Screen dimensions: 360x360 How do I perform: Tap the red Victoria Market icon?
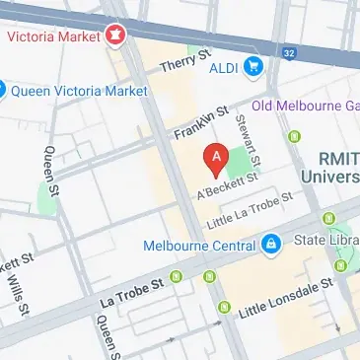point(117,37)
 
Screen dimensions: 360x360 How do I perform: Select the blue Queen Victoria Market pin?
point(4,90)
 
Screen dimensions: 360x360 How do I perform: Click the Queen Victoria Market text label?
point(78,91)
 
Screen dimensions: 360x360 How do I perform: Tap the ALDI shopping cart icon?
point(254,67)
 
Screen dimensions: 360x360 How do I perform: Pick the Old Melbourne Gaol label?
point(305,106)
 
